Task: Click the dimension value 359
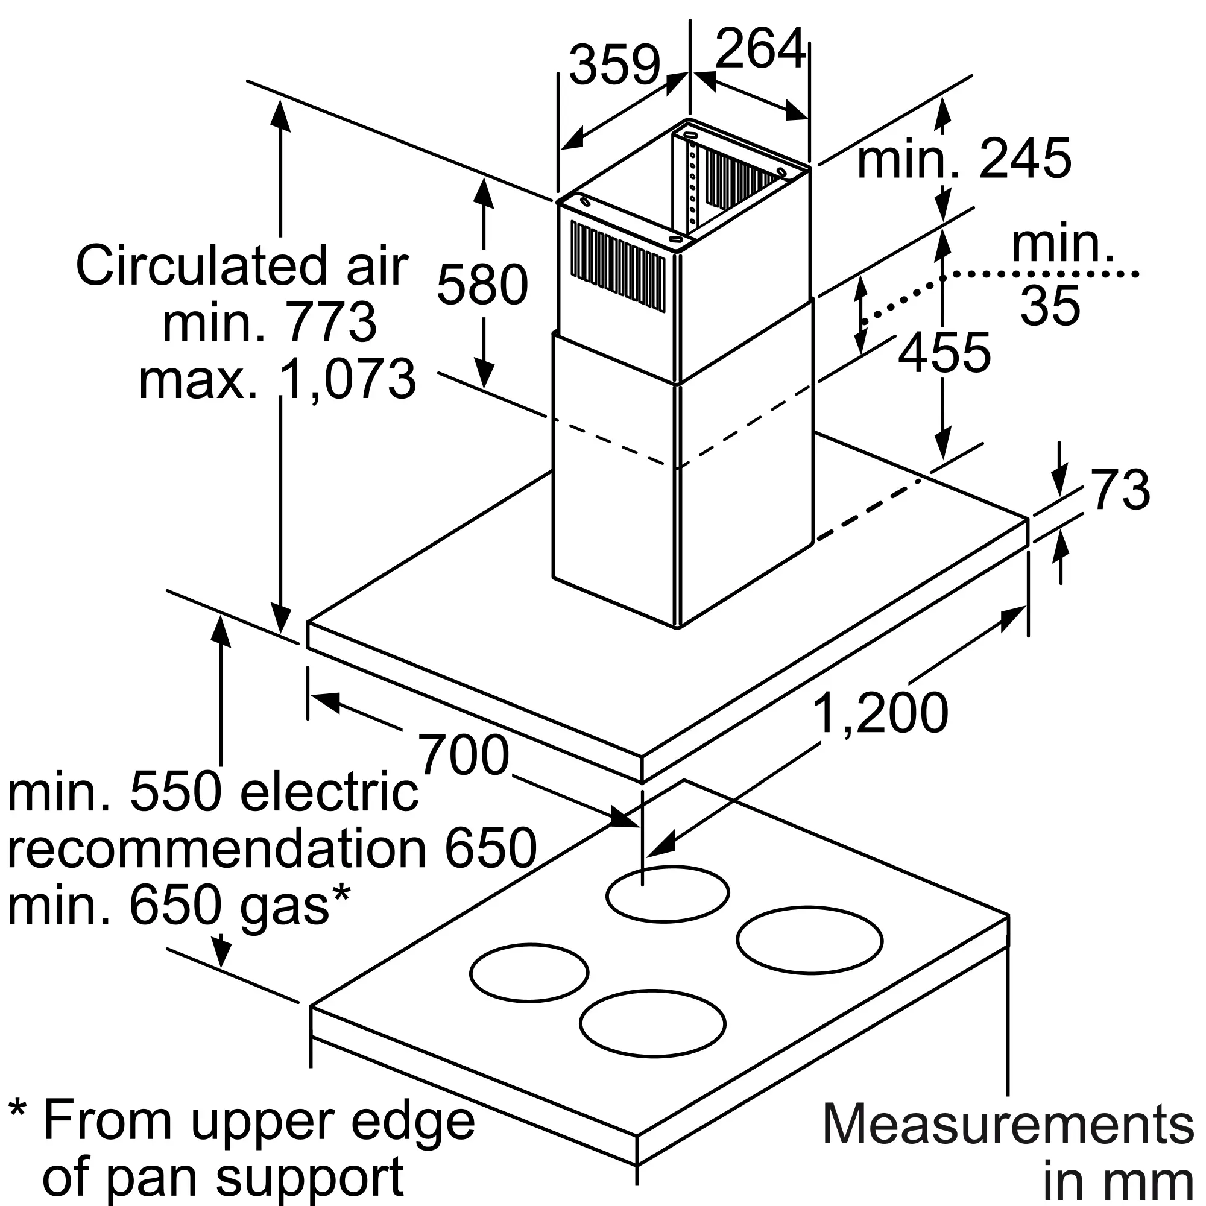coord(614,65)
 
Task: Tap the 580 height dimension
coord(482,285)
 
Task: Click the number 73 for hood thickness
coord(1120,490)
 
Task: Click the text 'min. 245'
coord(965,159)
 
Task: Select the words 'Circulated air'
coord(242,266)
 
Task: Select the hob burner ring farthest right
coord(810,940)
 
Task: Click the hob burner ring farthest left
coord(529,973)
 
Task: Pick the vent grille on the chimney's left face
coord(618,265)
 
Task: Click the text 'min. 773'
coord(269,322)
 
